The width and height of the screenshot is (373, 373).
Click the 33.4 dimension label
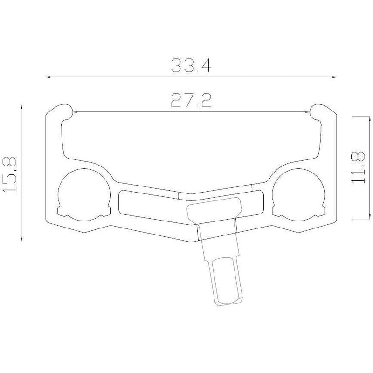[191, 65]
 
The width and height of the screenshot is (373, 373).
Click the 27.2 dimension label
[191, 100]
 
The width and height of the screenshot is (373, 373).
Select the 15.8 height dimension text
[10, 174]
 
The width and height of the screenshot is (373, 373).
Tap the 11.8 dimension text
[358, 167]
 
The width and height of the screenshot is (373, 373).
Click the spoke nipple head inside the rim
[214, 209]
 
